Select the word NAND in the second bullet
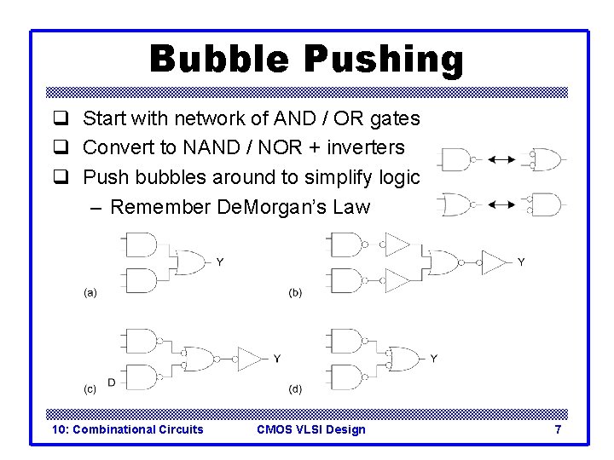[x=211, y=147]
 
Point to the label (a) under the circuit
[x=90, y=292]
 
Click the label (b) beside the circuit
[x=295, y=292]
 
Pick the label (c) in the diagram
[x=90, y=389]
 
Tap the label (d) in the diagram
[x=295, y=389]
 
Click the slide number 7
[x=558, y=429]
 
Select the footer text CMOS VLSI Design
[x=310, y=429]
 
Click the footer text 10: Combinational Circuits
[x=128, y=429]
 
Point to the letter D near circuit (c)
[x=112, y=382]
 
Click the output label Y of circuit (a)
[x=220, y=262]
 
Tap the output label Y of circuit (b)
[x=522, y=262]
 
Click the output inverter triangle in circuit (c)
[x=250, y=359]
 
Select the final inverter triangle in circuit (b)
[x=493, y=262]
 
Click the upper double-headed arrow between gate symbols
[x=500, y=159]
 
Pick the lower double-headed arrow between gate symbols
[x=500, y=204]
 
